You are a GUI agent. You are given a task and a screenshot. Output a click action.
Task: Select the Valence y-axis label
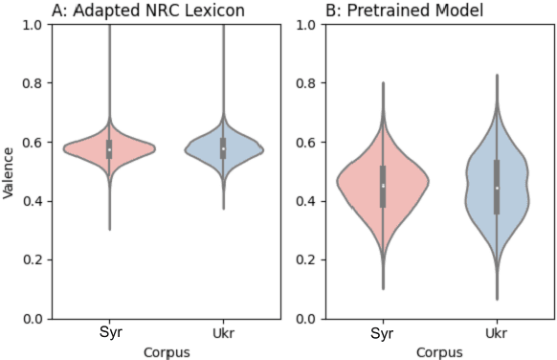pyautogui.click(x=9, y=171)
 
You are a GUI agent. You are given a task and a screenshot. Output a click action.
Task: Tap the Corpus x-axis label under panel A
pyautogui.click(x=166, y=351)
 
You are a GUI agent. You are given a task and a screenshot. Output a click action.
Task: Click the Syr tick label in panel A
pyautogui.click(x=110, y=331)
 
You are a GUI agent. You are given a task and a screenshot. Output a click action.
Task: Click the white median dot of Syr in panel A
pyautogui.click(x=110, y=150)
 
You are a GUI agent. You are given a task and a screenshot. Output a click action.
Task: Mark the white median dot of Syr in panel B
pyautogui.click(x=383, y=186)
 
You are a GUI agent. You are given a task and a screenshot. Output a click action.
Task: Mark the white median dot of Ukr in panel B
pyautogui.click(x=496, y=188)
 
